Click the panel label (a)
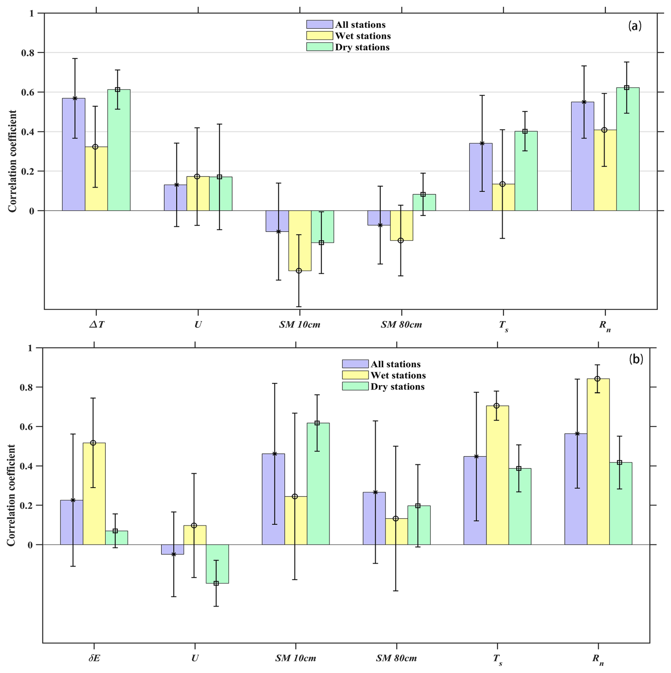pos(634,26)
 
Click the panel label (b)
pos(636,359)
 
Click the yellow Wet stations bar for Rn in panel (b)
pos(598,461)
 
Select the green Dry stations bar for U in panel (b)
pos(217,564)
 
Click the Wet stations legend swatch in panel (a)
pos(320,35)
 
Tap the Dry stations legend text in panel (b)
pos(398,387)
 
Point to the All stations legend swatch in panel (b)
pos(355,364)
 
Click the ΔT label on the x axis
pos(96,325)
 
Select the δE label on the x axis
pos(94,658)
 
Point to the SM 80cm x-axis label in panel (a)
pos(401,325)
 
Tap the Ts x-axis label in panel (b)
pos(498,659)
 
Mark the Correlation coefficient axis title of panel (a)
pos(12,161)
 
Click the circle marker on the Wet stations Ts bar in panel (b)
pos(497,406)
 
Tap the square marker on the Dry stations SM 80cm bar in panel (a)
pos(423,194)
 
